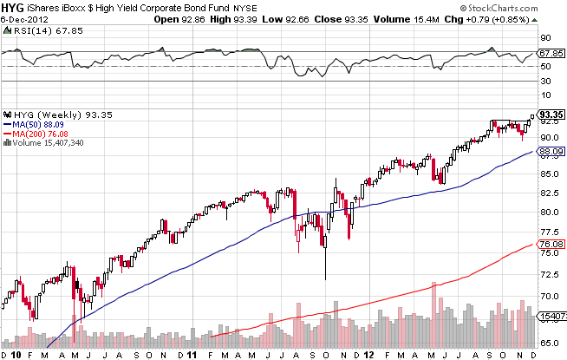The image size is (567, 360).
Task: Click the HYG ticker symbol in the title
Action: pyautogui.click(x=12, y=8)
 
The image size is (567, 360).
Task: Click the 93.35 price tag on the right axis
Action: pyautogui.click(x=552, y=114)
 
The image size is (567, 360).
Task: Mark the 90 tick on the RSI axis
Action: pyautogui.click(x=546, y=38)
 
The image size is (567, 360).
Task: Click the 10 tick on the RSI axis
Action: pyautogui.click(x=546, y=95)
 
